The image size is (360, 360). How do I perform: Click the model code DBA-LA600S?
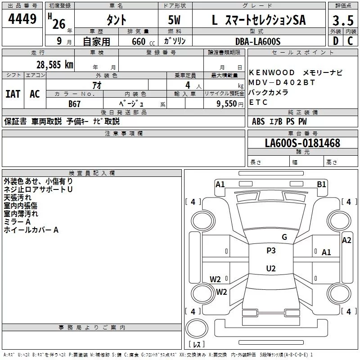tap(257, 41)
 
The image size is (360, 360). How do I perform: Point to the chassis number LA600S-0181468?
tap(302, 144)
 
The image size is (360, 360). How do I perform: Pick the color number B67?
tap(74, 103)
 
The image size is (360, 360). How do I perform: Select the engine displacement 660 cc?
tap(138, 41)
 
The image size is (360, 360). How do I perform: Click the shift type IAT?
tap(13, 94)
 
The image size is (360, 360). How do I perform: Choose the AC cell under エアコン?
tap(35, 94)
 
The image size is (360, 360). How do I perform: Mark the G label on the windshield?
tap(284, 237)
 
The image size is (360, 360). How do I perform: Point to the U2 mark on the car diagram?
tap(270, 269)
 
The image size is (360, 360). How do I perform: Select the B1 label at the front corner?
tap(321, 184)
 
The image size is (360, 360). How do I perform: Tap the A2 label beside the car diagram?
tap(346, 240)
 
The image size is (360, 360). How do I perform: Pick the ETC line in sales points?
tap(258, 102)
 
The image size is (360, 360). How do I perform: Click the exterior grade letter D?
tap(336, 41)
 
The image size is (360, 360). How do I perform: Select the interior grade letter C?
tap(350, 41)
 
